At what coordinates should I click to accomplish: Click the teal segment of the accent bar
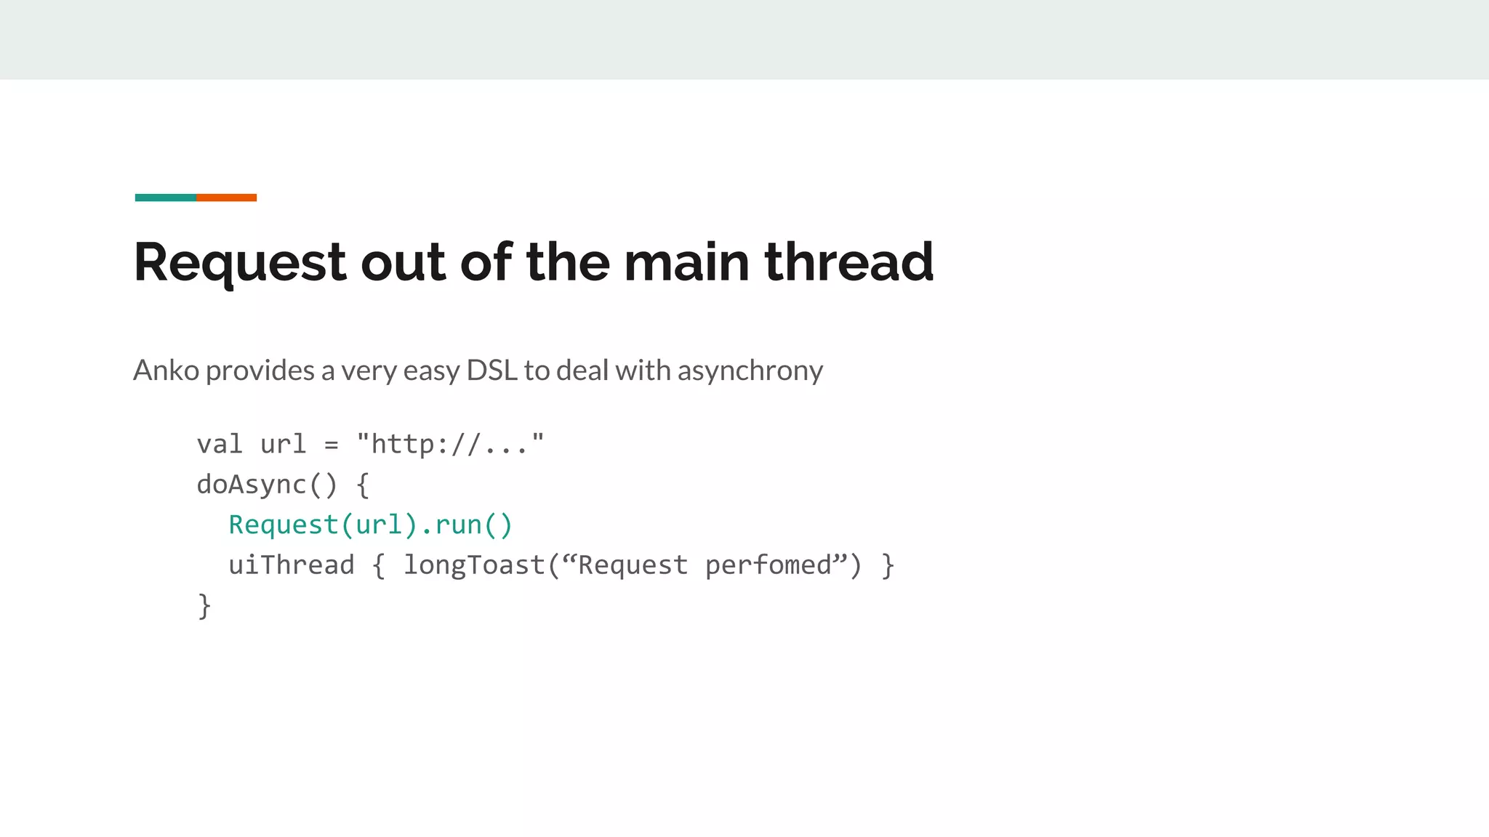coord(165,198)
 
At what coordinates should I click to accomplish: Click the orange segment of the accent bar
coord(226,198)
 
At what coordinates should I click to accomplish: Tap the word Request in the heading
coord(240,263)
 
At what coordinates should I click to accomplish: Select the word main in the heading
coord(686,262)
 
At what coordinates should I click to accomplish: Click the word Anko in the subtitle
coord(166,371)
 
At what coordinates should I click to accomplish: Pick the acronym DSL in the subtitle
coord(491,371)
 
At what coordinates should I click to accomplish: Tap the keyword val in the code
coord(220,444)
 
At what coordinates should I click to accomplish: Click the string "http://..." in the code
coord(450,444)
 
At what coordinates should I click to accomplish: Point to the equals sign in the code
coord(331,445)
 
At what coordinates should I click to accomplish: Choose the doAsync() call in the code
coord(267,485)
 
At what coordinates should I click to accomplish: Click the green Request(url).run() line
coord(371,525)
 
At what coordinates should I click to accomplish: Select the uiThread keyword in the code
coord(291,565)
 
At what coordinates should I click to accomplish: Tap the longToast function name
coord(473,565)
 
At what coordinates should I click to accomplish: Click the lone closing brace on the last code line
coord(204,606)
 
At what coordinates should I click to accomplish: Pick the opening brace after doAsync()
coord(363,485)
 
